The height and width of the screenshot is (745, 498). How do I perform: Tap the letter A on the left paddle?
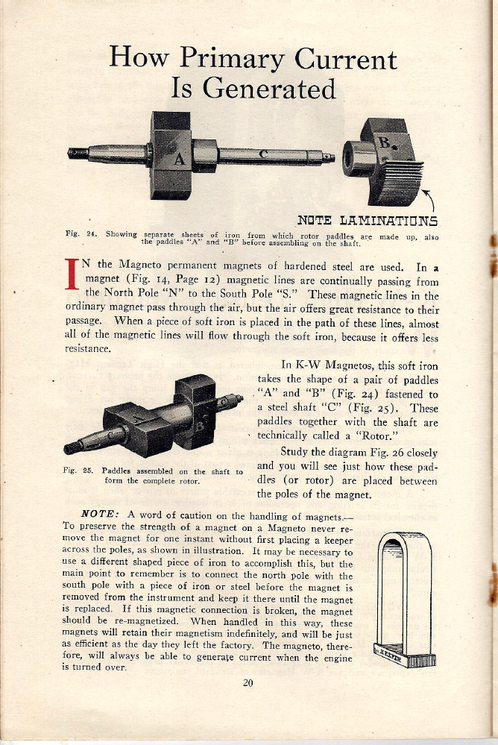click(x=178, y=157)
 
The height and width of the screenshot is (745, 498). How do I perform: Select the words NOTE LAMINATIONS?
click(x=367, y=220)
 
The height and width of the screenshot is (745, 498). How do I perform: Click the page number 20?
click(x=248, y=681)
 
